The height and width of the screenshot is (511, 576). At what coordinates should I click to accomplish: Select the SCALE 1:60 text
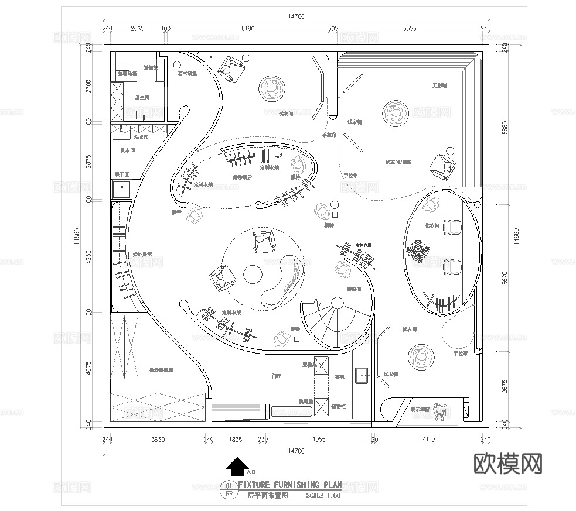click(323, 495)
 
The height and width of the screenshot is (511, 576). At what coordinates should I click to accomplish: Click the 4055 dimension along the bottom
click(319, 440)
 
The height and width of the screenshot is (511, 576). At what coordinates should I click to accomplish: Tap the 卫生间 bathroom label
click(142, 97)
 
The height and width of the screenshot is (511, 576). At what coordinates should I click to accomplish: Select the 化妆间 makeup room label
click(432, 225)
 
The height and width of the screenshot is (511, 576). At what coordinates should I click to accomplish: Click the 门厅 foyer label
click(277, 376)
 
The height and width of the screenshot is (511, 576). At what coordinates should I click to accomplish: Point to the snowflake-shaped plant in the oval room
click(419, 251)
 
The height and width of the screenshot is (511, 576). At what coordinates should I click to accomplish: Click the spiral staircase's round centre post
click(338, 303)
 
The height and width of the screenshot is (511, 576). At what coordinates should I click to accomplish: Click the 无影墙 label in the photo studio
click(439, 85)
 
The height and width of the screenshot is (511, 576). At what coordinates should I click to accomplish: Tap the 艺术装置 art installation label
click(188, 74)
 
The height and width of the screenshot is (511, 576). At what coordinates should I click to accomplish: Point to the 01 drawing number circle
click(229, 485)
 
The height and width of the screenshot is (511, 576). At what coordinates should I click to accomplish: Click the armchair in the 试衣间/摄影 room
click(443, 166)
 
